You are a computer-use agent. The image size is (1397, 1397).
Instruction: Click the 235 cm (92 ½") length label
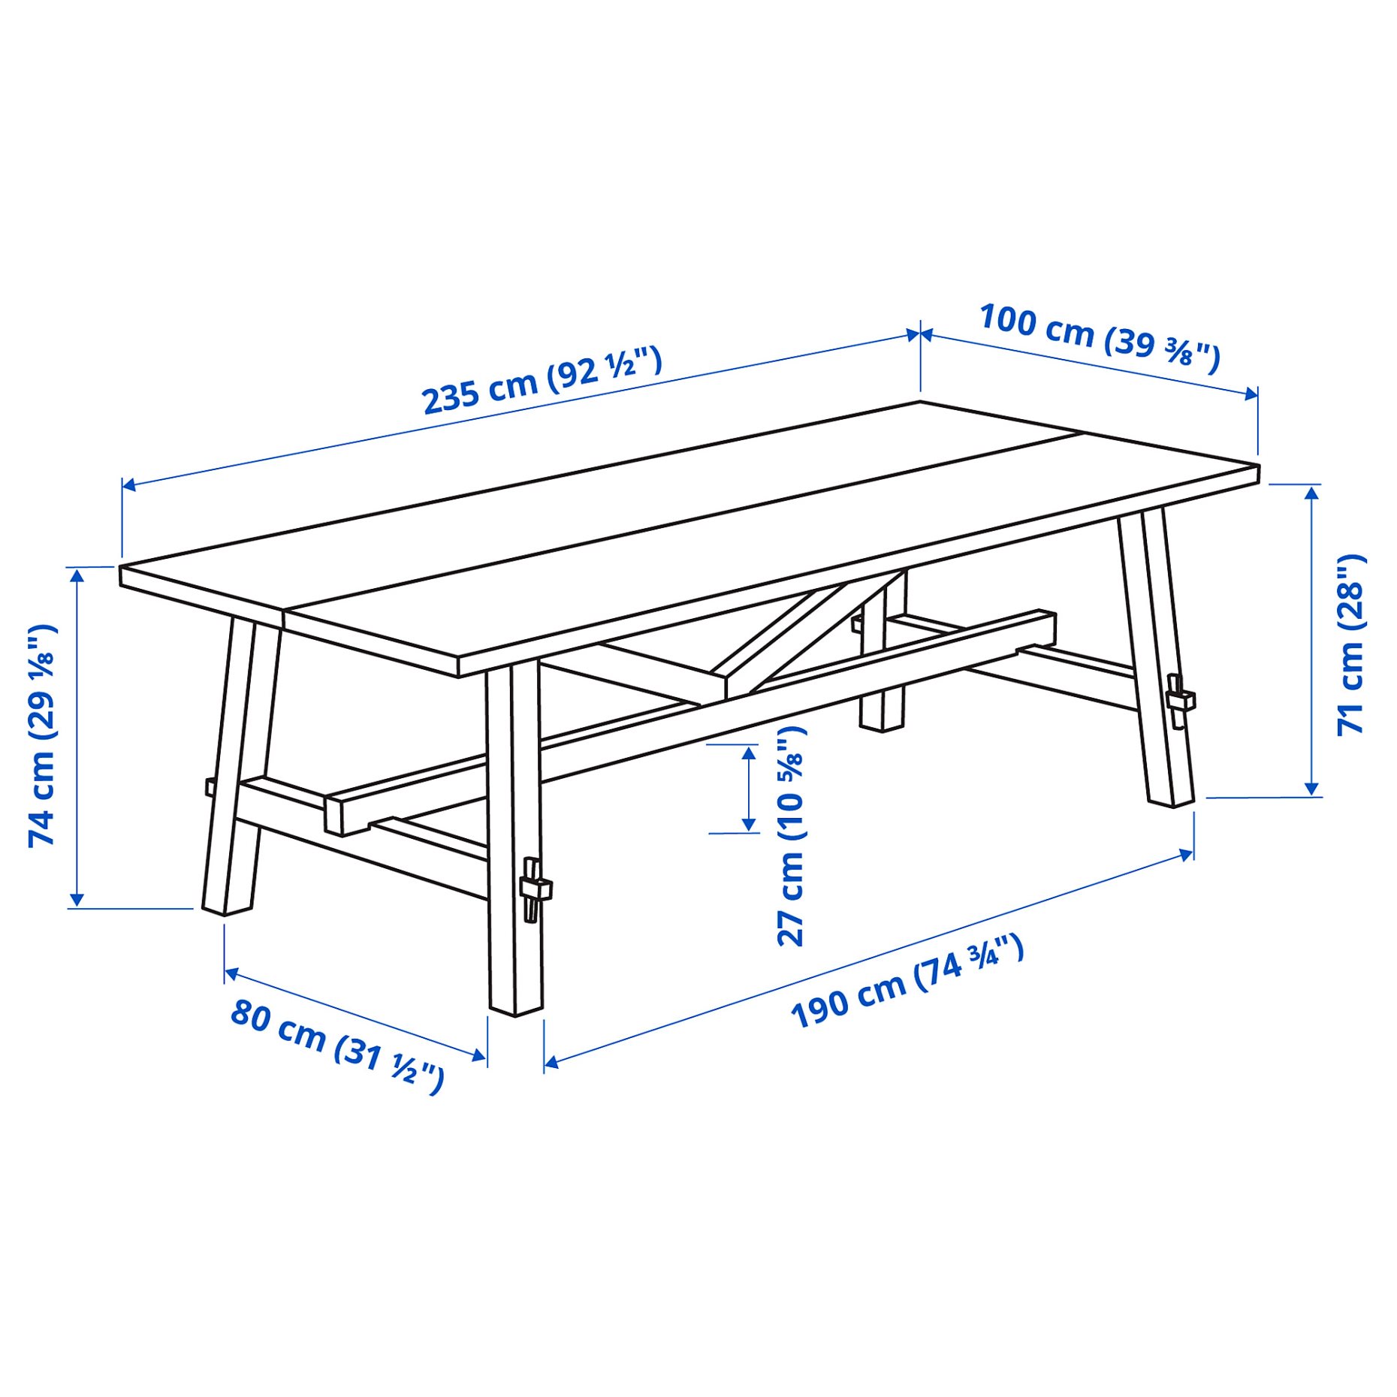(x=542, y=380)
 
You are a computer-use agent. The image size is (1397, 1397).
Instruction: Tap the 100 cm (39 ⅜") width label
(x=1099, y=338)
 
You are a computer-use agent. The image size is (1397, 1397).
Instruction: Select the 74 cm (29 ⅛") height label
(x=42, y=735)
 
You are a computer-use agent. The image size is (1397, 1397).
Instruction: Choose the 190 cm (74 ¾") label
(x=907, y=980)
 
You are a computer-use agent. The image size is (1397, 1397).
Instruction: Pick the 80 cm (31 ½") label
(x=337, y=1044)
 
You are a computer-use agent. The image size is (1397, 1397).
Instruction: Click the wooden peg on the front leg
(x=535, y=889)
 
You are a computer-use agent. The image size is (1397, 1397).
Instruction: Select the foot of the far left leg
(x=226, y=908)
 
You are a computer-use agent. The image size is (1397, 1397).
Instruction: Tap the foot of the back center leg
(x=882, y=723)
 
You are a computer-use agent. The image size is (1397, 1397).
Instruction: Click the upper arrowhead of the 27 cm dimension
(x=749, y=751)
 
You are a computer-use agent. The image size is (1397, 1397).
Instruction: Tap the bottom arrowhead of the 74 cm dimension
(x=77, y=899)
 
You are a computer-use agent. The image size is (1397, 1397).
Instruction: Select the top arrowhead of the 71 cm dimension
(x=1311, y=493)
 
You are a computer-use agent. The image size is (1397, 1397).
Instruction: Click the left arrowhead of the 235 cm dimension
(x=128, y=485)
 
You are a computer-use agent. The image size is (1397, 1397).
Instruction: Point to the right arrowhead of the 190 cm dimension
(x=1187, y=854)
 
